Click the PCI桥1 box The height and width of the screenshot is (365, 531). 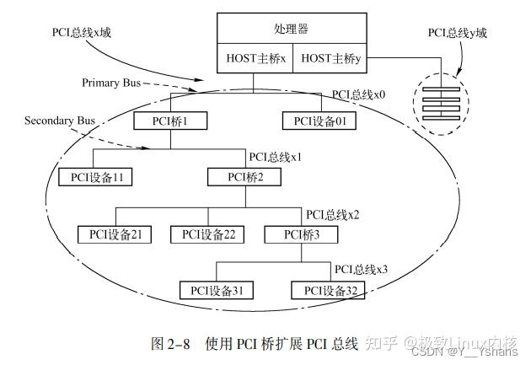171,121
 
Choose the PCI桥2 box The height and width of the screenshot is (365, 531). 246,177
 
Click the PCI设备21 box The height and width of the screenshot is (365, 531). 115,234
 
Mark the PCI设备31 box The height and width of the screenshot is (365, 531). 217,291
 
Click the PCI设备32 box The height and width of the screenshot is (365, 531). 330,291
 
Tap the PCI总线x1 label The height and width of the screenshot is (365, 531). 276,158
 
